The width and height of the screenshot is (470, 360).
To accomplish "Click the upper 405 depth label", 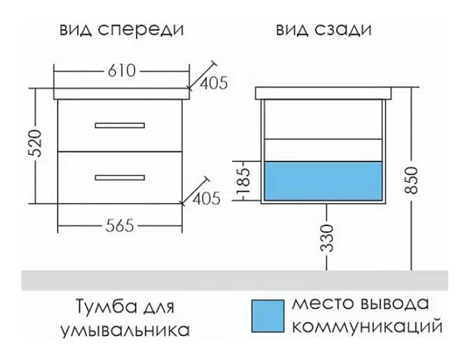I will pyautogui.click(x=213, y=83).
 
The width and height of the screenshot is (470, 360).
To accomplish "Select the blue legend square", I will pyautogui.click(x=268, y=316).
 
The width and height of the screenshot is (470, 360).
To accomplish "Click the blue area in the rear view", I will pyautogui.click(x=324, y=179).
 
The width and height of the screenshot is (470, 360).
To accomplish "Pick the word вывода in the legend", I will pyautogui.click(x=394, y=304).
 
